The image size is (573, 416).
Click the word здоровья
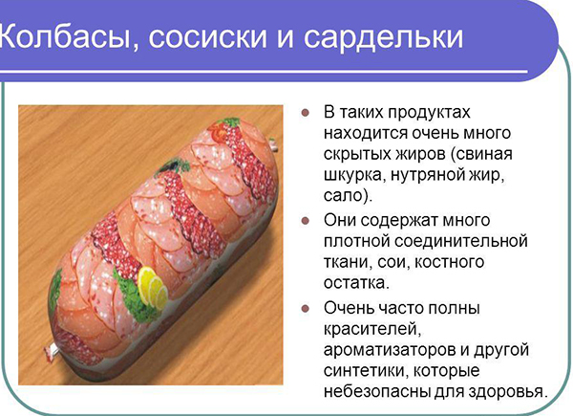506,392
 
